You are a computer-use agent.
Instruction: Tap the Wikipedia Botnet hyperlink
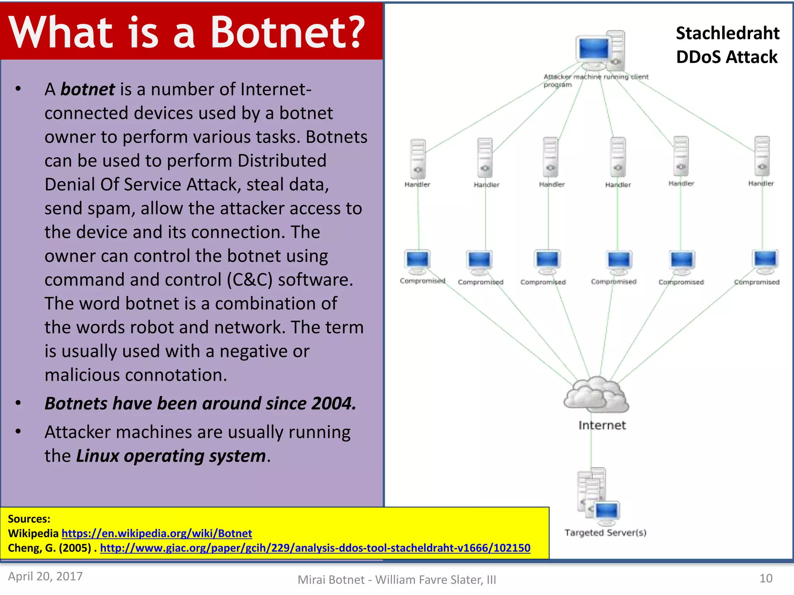157,533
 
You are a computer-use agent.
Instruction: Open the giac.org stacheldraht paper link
315,548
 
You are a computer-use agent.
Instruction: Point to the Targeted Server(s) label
605,533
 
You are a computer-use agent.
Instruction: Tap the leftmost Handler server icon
418,159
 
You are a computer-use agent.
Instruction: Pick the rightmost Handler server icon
762,156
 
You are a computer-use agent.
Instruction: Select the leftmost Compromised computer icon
417,261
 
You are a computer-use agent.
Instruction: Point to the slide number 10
766,578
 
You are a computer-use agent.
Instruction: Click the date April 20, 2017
45,576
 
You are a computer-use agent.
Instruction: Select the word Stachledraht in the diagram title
728,33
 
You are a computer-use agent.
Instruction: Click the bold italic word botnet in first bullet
88,89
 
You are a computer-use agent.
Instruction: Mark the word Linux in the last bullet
97,456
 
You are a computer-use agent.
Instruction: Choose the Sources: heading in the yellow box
29,519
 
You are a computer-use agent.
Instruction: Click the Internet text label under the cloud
602,425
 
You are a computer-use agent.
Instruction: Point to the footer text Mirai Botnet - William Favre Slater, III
397,580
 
